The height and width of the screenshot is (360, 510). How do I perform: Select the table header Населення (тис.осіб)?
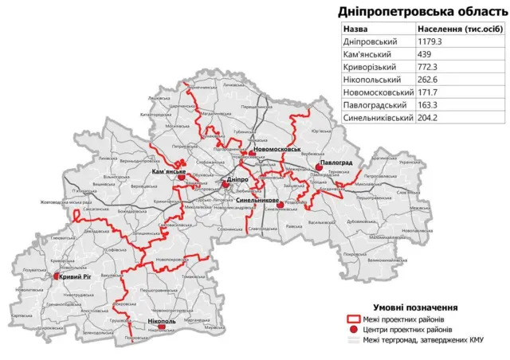coord(460,27)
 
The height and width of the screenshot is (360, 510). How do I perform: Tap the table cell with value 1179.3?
coord(430,40)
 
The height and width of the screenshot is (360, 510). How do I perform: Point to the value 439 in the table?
coord(425,53)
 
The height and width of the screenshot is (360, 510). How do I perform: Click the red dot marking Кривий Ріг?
coord(55,278)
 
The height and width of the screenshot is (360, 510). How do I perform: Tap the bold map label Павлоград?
coord(335,162)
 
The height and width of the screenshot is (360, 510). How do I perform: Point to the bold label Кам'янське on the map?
coord(168,171)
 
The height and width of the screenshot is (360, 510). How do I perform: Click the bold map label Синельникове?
coord(257,200)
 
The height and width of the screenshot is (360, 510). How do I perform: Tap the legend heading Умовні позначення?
coord(414,306)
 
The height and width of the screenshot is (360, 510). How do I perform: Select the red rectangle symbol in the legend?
coord(352,317)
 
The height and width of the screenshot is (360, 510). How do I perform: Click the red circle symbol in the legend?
coord(352,327)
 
